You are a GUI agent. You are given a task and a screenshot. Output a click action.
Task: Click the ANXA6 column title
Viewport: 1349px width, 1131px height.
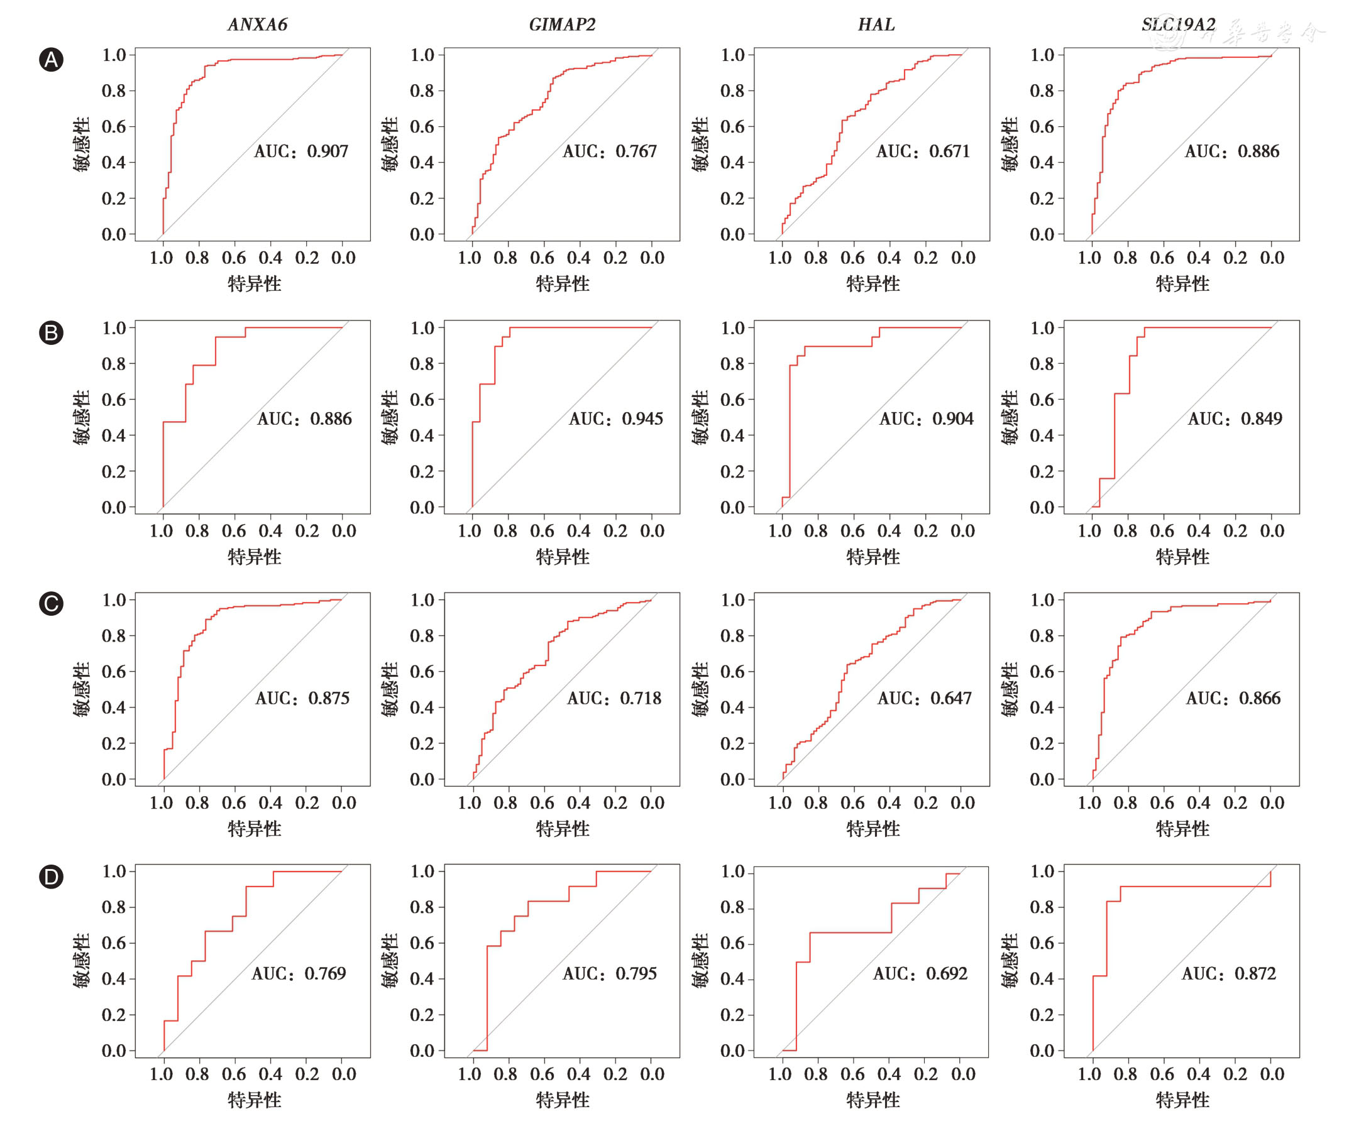tap(258, 25)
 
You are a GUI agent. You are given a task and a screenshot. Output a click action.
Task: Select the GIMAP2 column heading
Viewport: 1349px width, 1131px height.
tap(562, 25)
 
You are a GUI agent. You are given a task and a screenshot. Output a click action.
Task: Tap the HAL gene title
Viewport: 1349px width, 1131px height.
tap(876, 25)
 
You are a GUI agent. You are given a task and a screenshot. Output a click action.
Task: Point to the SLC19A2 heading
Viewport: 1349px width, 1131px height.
tap(1178, 25)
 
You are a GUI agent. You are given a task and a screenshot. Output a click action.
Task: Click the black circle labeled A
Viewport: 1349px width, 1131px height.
tap(52, 60)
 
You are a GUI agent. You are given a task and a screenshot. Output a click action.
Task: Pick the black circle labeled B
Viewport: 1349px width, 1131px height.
tap(52, 332)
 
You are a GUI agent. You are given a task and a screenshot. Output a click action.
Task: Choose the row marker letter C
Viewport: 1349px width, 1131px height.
tap(52, 604)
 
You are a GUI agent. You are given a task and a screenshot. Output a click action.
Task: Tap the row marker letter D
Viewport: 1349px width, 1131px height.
tap(52, 877)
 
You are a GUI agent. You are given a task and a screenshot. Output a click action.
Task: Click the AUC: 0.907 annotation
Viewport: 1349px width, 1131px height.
tap(301, 151)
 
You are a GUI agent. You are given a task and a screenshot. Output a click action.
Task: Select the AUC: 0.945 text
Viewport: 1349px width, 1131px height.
tap(616, 418)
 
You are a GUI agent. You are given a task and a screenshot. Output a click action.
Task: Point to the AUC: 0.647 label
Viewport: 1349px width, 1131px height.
tap(925, 698)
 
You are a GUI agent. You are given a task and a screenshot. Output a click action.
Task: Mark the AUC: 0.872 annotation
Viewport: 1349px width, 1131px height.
tap(1229, 974)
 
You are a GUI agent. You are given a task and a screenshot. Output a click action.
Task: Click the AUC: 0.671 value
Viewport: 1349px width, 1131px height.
tap(923, 151)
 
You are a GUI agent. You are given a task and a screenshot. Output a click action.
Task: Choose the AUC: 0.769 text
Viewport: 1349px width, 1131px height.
tap(299, 974)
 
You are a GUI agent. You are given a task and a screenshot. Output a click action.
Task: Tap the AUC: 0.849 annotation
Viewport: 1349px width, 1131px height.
tap(1235, 418)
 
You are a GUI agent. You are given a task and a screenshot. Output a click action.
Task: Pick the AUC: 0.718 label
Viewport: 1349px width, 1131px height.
tap(614, 698)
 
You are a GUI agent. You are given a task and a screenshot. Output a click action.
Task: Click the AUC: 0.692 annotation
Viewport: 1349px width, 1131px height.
tap(920, 974)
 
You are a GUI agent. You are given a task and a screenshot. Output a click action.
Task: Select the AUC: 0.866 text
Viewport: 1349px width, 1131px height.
tap(1233, 698)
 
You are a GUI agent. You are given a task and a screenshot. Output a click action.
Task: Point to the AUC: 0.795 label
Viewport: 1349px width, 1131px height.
tap(610, 974)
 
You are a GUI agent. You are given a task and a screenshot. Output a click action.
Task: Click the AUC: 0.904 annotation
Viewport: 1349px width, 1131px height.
tap(927, 418)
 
